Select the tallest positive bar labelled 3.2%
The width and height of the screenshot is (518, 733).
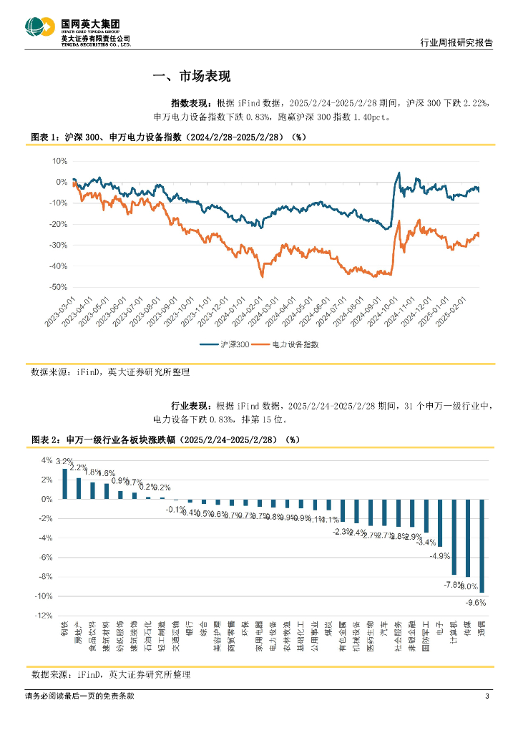[x=65, y=484]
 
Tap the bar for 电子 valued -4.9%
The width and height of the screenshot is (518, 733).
[x=440, y=523]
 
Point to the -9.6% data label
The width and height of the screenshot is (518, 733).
[x=476, y=603]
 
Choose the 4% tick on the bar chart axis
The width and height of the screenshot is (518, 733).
[x=47, y=460]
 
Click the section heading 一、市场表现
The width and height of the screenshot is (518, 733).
[x=192, y=77]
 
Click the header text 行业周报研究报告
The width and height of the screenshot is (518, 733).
[x=455, y=43]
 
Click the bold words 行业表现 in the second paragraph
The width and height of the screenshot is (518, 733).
[x=190, y=405]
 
